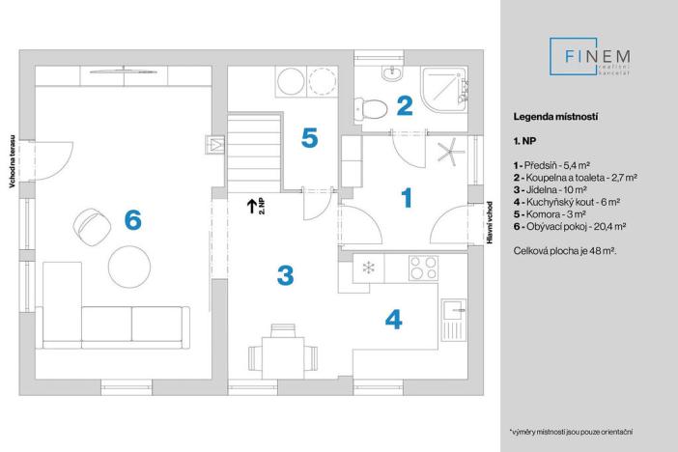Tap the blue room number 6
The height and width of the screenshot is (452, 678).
pyautogui.click(x=132, y=220)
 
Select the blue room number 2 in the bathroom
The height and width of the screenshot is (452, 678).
pyautogui.click(x=405, y=105)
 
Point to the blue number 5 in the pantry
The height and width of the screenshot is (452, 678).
pyautogui.click(x=308, y=139)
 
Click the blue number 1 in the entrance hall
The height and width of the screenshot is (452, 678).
pyautogui.click(x=407, y=198)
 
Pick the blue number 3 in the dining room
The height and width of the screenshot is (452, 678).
pyautogui.click(x=284, y=275)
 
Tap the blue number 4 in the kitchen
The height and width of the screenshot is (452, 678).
pyautogui.click(x=393, y=320)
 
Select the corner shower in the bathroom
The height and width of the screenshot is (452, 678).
pyautogui.click(x=450, y=88)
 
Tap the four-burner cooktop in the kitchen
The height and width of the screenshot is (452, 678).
pyautogui.click(x=421, y=267)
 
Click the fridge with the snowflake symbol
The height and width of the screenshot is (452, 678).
pyautogui.click(x=367, y=268)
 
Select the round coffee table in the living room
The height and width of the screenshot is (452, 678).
pyautogui.click(x=128, y=264)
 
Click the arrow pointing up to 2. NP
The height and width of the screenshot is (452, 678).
pyautogui.click(x=250, y=205)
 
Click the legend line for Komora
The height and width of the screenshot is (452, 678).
pyautogui.click(x=551, y=213)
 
